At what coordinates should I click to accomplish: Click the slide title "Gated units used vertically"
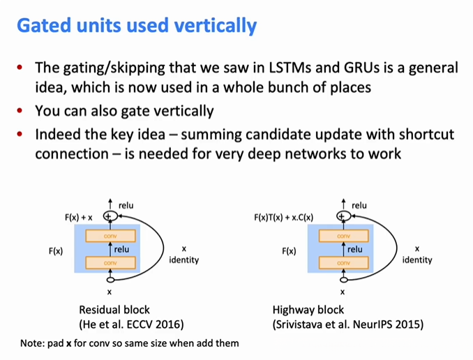pos(137,27)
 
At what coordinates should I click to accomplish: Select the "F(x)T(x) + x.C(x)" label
pos(283,218)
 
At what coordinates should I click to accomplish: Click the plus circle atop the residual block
pos(108,217)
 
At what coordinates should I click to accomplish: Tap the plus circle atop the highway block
pos(342,217)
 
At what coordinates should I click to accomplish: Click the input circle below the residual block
pos(109,279)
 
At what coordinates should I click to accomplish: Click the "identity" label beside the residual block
pos(183,260)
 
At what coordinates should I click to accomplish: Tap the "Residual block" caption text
pos(114,309)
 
